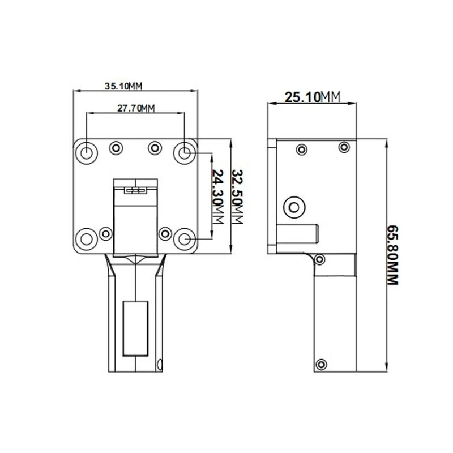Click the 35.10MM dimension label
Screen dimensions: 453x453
123,86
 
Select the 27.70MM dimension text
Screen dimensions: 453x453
136,108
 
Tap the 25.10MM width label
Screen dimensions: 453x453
313,97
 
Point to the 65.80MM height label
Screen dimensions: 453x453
392,255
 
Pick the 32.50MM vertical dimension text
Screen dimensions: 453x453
237,196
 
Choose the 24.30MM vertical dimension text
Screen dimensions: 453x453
218,196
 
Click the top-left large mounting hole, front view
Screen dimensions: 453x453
87,152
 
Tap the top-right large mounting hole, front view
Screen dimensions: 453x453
185,152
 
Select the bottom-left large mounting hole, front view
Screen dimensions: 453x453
87,239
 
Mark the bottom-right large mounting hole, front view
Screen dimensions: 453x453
185,239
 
